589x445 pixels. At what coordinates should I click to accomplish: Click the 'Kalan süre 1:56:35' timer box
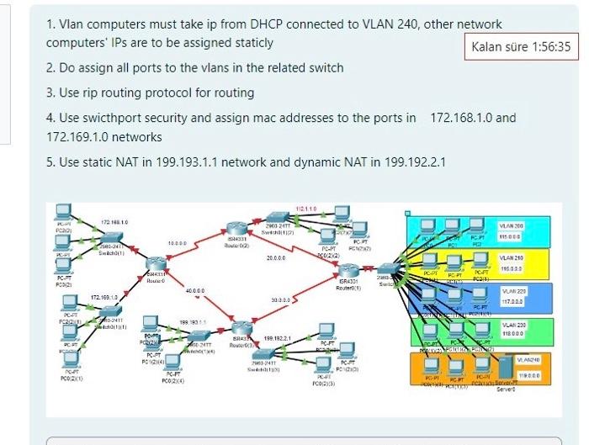(520, 47)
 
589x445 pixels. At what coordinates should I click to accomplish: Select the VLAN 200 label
(511, 226)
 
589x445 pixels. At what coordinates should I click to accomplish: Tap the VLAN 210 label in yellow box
(511, 258)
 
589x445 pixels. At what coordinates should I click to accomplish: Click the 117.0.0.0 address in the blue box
(511, 301)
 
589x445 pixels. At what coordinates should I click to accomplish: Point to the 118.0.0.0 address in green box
(511, 334)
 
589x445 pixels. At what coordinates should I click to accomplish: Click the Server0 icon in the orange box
(504, 368)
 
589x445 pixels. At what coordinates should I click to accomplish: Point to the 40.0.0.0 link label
(195, 290)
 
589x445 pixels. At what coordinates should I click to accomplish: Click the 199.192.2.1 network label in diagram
(278, 338)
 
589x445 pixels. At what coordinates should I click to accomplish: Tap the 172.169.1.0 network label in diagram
(104, 298)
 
